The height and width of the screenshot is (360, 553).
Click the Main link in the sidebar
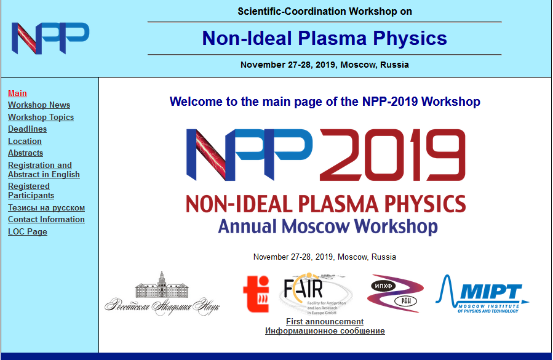pos(17,93)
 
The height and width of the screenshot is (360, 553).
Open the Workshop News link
pos(39,105)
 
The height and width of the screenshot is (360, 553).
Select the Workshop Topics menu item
pos(41,117)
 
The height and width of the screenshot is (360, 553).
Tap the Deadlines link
pos(27,129)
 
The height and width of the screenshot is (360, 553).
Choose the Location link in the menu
pos(25,141)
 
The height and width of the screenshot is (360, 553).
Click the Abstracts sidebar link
pos(25,153)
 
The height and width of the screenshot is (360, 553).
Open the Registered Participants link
pos(31,191)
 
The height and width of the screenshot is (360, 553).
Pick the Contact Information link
pos(46,219)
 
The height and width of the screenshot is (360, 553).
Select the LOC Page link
pos(28,231)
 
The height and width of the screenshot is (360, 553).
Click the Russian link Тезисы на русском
pos(46,207)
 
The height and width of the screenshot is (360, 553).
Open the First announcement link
pos(325,321)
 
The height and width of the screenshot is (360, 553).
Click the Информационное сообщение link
pos(325,330)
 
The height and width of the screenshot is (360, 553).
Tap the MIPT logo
pos(482,294)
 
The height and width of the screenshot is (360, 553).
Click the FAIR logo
pos(316,294)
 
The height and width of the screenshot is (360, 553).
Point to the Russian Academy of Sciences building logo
pos(162,293)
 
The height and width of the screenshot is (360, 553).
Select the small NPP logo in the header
pos(50,38)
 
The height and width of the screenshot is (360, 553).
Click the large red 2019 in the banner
pos(392,155)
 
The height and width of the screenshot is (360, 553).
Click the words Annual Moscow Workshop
pos(328,226)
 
